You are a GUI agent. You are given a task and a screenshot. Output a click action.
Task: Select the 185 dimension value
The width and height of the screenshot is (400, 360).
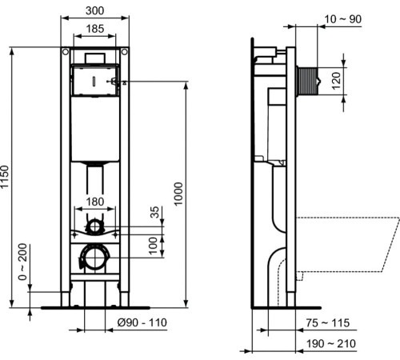[x=94, y=30]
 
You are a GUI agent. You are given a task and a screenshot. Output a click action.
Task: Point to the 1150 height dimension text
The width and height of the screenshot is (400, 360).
[x=6, y=178]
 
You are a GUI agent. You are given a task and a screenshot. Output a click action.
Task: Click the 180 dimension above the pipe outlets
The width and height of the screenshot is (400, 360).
[x=94, y=201]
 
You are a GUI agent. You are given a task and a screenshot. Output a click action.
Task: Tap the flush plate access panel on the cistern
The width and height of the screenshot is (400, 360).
[x=94, y=81]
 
